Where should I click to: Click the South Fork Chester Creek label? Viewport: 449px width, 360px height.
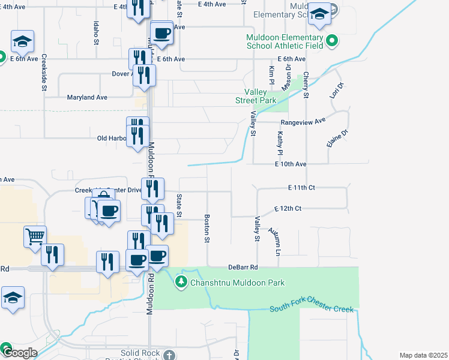pos(311,308)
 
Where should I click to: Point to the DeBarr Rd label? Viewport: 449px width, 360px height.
pos(243,267)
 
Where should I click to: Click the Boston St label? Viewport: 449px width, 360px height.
pos(207,229)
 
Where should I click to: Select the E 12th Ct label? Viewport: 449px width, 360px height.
pos(288,208)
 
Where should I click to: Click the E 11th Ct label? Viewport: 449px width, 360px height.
pos(301,188)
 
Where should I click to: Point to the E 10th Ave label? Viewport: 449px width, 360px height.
pos(291,164)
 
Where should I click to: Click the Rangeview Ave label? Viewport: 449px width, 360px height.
pos(303,120)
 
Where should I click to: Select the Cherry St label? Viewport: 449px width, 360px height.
pos(306,85)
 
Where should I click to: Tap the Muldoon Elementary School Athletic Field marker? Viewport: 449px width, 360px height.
pos(331,41)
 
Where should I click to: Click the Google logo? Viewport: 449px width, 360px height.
pos(19,353)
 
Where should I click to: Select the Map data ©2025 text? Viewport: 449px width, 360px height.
pos(423,355)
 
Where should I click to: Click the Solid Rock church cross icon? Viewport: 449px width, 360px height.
pos(170,354)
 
